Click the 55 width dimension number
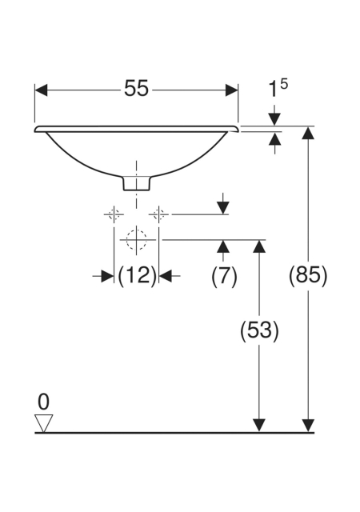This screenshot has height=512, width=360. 136,89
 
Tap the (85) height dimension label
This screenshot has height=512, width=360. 308,275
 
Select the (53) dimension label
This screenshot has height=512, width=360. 259,330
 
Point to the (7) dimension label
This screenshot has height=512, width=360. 224,276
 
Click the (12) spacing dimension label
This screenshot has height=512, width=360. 137,276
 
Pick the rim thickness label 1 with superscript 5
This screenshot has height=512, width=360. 278,89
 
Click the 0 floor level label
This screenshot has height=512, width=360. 43,402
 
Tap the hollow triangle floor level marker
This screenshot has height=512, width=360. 43,423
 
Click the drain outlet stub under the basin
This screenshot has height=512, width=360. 137,183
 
